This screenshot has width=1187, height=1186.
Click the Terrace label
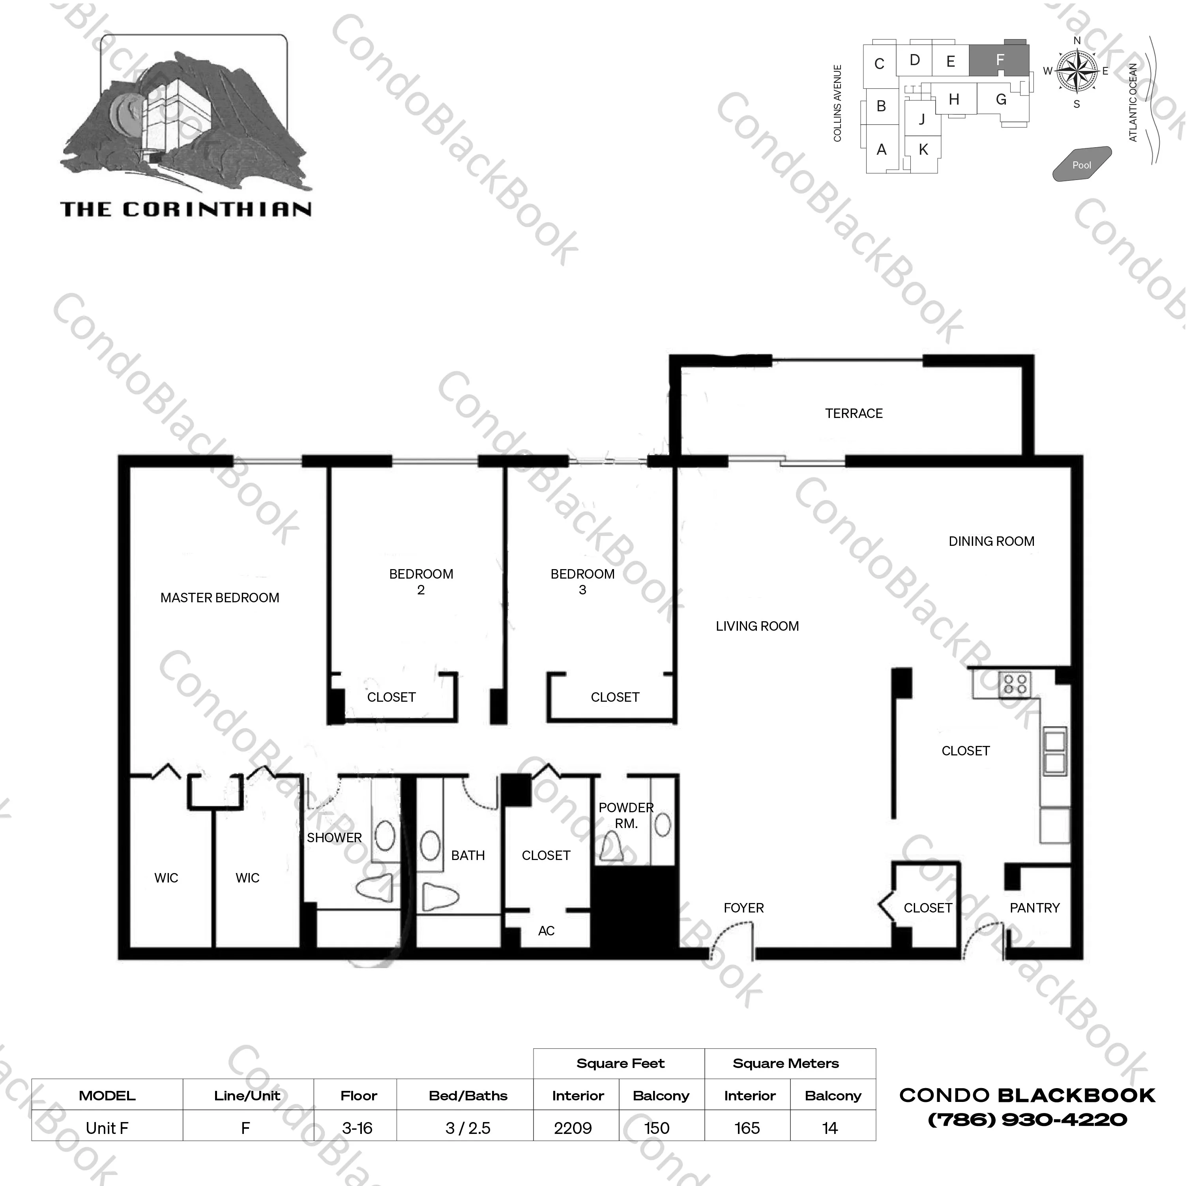point(854,414)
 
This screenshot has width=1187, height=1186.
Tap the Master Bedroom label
point(220,598)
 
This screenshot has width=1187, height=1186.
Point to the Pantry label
point(1035,908)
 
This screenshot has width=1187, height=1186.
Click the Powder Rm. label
point(626,815)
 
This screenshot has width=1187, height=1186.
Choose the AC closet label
point(546,931)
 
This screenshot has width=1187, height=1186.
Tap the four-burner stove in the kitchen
point(1015,684)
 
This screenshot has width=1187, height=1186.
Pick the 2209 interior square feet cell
point(573,1128)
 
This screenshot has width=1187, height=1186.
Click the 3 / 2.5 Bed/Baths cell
point(468,1128)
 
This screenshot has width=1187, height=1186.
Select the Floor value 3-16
point(357,1128)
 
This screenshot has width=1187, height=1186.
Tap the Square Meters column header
point(785,1064)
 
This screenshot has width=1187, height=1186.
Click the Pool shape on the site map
point(1082,164)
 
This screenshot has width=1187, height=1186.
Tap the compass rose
point(1077,71)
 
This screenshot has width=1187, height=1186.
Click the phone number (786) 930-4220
point(1027,1120)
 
